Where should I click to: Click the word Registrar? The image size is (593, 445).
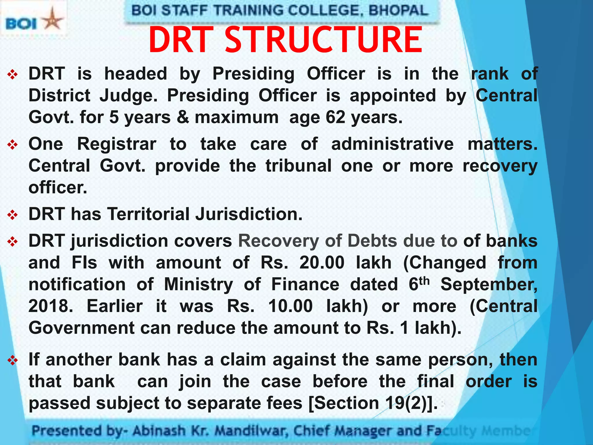117,144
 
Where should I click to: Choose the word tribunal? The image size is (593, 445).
299,166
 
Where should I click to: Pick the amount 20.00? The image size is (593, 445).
322,262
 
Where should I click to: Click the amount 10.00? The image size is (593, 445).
290,306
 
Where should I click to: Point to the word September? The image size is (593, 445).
489,284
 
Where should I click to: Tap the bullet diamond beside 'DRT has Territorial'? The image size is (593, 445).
13,215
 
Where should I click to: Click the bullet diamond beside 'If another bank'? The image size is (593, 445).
13,360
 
